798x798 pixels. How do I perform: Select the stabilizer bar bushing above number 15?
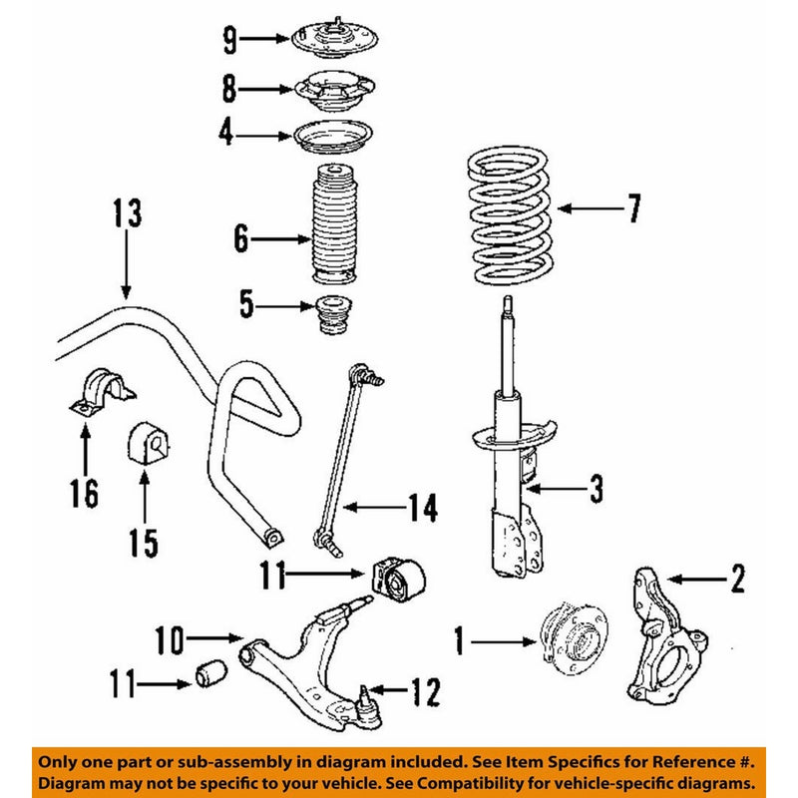point(144,444)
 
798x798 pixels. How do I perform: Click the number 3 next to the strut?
point(596,489)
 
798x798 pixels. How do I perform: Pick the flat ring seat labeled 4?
point(335,135)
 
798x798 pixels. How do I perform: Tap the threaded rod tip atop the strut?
point(507,305)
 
